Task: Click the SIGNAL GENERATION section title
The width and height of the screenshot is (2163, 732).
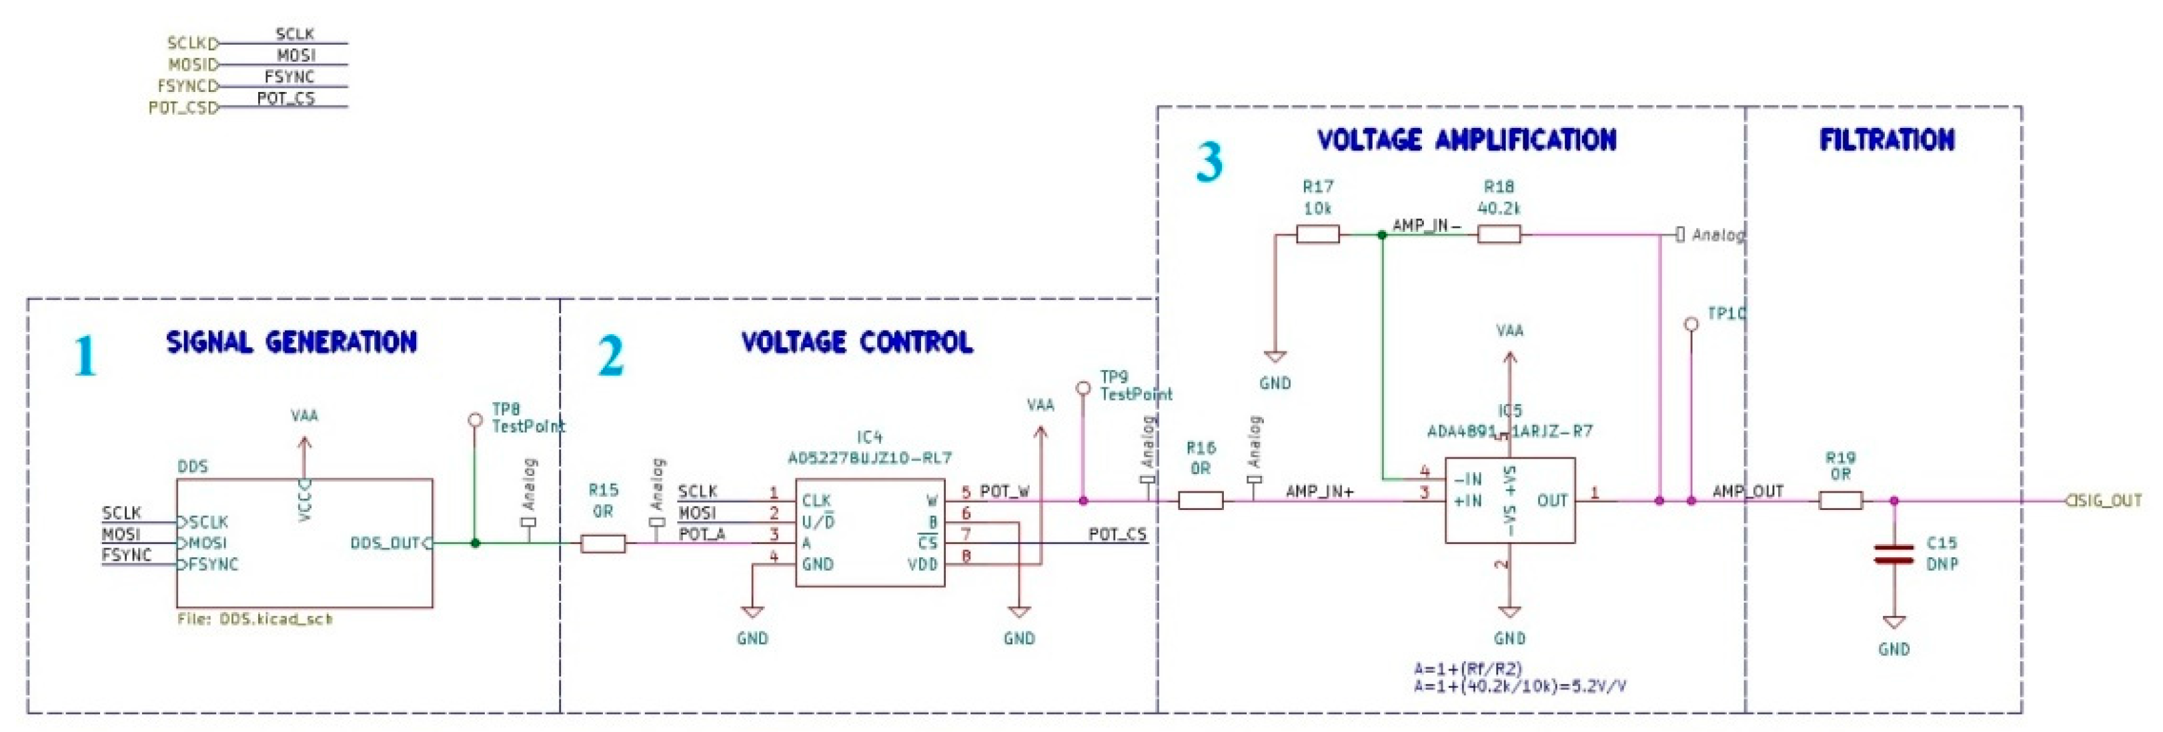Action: pos(291,343)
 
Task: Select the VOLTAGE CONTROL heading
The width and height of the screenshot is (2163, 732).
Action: pos(856,343)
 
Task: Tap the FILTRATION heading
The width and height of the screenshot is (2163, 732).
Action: pos(1886,140)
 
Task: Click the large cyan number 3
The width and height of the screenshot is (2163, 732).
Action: pos(1209,163)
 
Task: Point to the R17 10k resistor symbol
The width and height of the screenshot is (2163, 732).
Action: pos(1317,235)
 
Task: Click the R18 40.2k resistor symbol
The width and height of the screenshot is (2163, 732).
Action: pos(1498,235)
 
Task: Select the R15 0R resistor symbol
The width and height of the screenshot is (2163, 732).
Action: pos(603,544)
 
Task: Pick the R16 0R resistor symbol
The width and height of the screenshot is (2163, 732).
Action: pos(1200,501)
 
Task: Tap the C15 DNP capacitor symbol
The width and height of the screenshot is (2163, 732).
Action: pos(1894,554)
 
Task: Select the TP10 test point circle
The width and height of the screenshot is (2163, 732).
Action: pos(1691,324)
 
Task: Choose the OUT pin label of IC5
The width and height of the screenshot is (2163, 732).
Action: pos(1551,501)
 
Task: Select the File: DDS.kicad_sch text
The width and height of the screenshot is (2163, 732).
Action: pos(254,619)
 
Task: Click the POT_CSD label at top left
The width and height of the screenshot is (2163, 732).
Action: pos(181,108)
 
